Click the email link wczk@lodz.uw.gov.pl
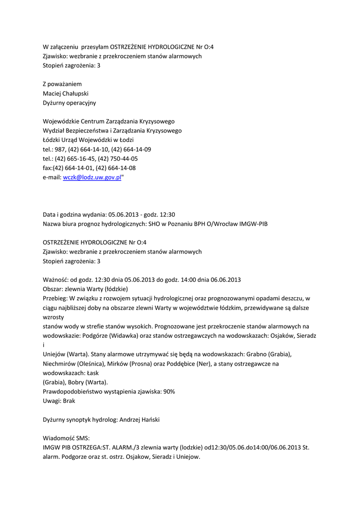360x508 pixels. click(92, 178)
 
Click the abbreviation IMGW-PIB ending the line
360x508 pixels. click(254, 224)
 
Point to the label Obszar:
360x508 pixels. click(53, 289)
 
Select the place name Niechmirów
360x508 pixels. click(61, 364)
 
